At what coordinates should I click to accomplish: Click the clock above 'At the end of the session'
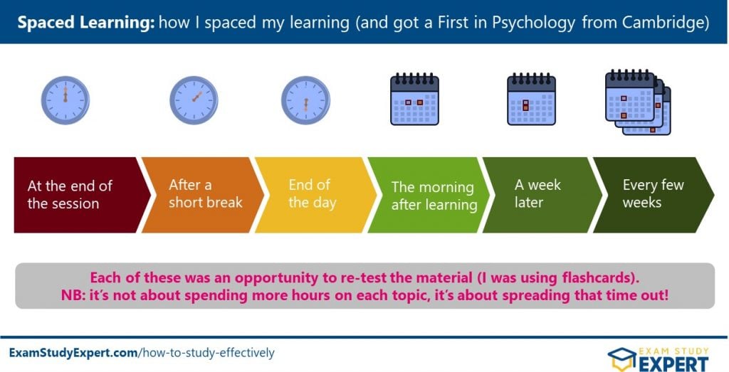pos(65,100)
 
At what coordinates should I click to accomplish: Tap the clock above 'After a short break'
pos(194,100)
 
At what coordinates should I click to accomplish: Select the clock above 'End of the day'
pos(306,100)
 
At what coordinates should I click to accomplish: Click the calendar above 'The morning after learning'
pos(415,99)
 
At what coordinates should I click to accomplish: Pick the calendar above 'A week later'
pos(531,99)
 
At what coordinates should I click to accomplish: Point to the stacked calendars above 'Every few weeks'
pos(638,102)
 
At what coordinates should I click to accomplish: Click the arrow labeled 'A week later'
pos(542,195)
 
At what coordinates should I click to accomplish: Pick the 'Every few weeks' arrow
pos(654,195)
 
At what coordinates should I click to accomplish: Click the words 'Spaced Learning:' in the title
pos(85,23)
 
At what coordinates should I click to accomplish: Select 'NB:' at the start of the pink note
pos(73,295)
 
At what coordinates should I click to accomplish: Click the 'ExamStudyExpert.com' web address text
pos(73,353)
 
